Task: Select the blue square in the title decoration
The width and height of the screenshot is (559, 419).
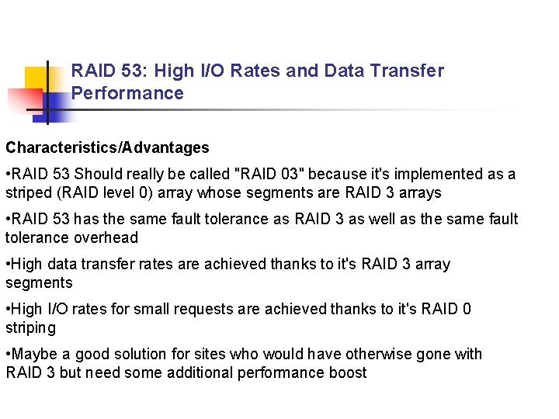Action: (x=59, y=104)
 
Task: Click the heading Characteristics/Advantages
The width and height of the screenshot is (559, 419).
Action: (x=107, y=147)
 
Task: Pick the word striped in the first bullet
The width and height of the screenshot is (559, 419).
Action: (x=29, y=193)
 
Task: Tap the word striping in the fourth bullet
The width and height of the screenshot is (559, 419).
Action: (x=30, y=328)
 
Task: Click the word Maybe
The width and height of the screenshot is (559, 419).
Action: (x=35, y=355)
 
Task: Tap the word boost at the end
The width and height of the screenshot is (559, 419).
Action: (x=348, y=373)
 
